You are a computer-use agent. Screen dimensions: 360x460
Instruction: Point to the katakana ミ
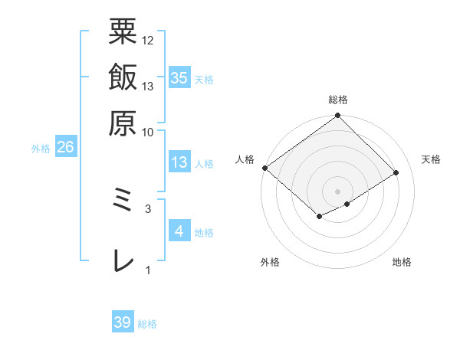[x=123, y=205]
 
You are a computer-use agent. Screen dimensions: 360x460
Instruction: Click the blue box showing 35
[x=179, y=77]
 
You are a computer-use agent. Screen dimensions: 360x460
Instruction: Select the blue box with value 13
[x=179, y=162]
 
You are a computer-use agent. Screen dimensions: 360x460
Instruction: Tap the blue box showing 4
[x=179, y=231]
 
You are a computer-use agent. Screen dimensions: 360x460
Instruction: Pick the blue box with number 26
[x=65, y=147]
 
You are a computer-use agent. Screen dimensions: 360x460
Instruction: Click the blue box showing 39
[x=123, y=322]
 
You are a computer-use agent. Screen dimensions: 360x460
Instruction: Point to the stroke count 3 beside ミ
[x=148, y=208]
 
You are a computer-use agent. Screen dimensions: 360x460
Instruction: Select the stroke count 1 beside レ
[x=148, y=270]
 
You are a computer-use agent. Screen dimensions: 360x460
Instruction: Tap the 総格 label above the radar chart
[x=338, y=100]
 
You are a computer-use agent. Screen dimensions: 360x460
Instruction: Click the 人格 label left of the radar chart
[x=245, y=159]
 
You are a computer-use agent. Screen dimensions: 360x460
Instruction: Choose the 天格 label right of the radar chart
[x=432, y=159]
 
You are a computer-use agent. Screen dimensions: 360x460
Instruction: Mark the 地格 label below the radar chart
[x=402, y=263]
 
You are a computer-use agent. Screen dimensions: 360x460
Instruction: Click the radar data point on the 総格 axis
[x=338, y=116]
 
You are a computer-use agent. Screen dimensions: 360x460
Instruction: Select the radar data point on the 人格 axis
[x=264, y=168]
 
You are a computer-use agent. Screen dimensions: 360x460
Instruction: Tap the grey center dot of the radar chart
[x=338, y=191]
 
